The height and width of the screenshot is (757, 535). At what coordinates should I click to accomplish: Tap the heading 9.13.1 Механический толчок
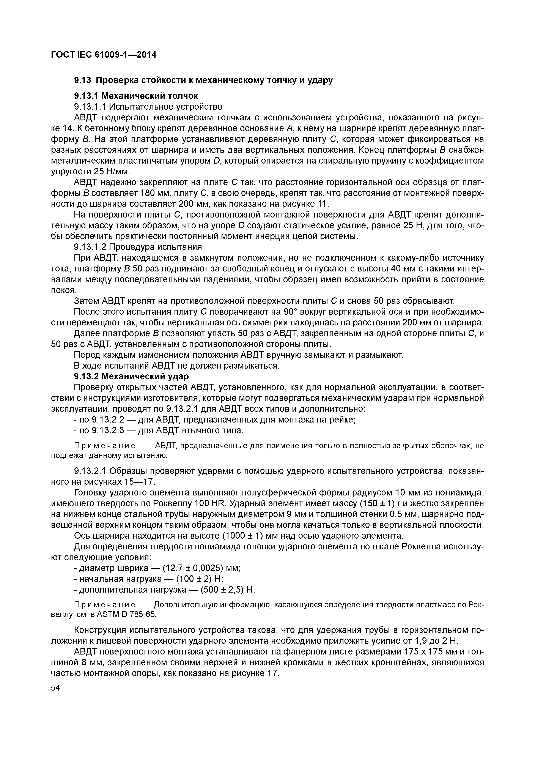[136, 96]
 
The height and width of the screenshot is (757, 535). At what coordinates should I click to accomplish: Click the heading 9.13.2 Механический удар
[131, 376]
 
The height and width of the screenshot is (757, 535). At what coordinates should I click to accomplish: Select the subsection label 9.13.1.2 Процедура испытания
[138, 247]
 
